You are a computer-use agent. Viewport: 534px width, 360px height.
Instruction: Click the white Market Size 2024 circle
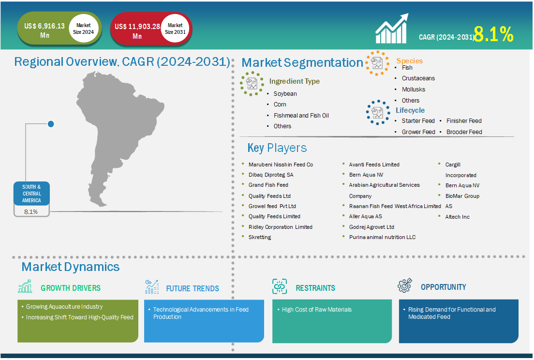83,29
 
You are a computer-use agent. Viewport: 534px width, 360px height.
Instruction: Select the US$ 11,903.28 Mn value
137,31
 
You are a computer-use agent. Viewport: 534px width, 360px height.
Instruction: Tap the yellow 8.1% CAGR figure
493,34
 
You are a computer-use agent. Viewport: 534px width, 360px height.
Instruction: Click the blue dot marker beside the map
51,124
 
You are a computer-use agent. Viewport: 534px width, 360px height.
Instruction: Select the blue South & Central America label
31,194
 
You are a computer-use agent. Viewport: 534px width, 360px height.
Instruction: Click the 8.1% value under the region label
31,211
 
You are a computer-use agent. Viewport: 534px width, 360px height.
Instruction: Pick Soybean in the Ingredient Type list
285,94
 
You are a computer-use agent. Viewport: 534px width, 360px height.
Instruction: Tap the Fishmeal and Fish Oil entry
301,116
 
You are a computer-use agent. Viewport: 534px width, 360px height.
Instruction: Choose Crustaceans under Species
418,78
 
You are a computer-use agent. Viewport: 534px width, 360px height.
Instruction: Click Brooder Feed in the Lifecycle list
464,132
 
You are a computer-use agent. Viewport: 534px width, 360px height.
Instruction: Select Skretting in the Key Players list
260,237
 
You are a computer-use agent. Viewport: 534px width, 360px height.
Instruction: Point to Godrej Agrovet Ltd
371,227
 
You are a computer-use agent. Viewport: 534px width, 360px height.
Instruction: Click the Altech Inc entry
458,217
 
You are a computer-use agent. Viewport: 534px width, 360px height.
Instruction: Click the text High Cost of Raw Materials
317,310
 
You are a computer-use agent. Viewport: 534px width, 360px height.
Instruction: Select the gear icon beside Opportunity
404,285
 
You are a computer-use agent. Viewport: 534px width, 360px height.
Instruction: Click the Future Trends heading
193,288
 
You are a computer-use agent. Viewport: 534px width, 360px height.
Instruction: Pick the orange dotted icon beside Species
377,63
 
